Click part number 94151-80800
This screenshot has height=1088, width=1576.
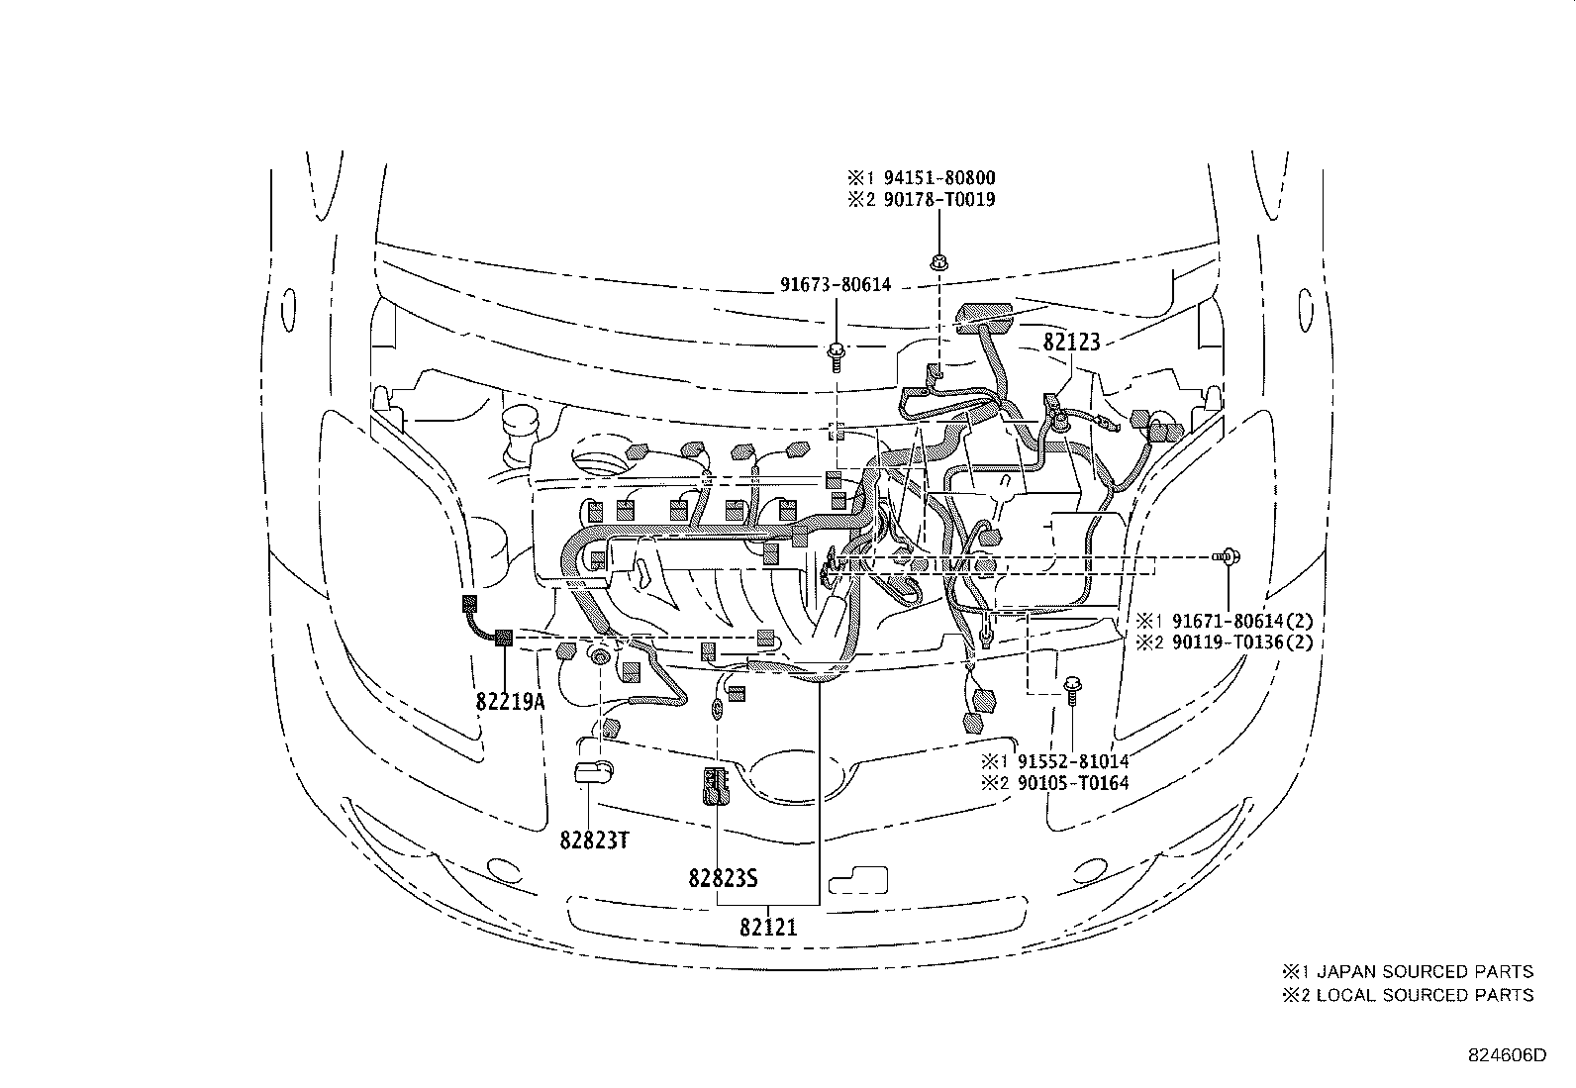click(934, 178)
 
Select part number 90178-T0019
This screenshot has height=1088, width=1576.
click(934, 199)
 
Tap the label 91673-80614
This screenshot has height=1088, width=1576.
click(835, 285)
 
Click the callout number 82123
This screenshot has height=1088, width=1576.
click(1071, 344)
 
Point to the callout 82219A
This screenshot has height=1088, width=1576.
click(511, 702)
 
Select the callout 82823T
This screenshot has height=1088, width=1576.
click(595, 841)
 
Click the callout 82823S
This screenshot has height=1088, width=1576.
click(724, 877)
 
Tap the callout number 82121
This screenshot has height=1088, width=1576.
click(768, 928)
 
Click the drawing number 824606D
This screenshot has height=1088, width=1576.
click(1506, 1055)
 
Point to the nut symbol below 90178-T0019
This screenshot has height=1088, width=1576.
click(936, 262)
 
